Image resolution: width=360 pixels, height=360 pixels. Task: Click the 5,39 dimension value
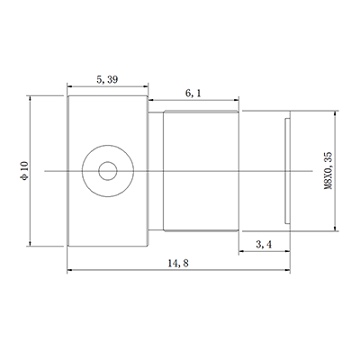107,79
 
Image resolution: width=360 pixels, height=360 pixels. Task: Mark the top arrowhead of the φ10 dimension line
31,98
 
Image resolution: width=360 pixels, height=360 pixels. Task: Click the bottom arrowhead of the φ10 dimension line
31,242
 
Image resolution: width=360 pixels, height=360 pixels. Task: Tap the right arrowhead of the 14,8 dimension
286,269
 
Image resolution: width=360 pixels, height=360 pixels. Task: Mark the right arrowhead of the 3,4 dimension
286,251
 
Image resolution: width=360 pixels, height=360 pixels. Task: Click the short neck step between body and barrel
155,170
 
